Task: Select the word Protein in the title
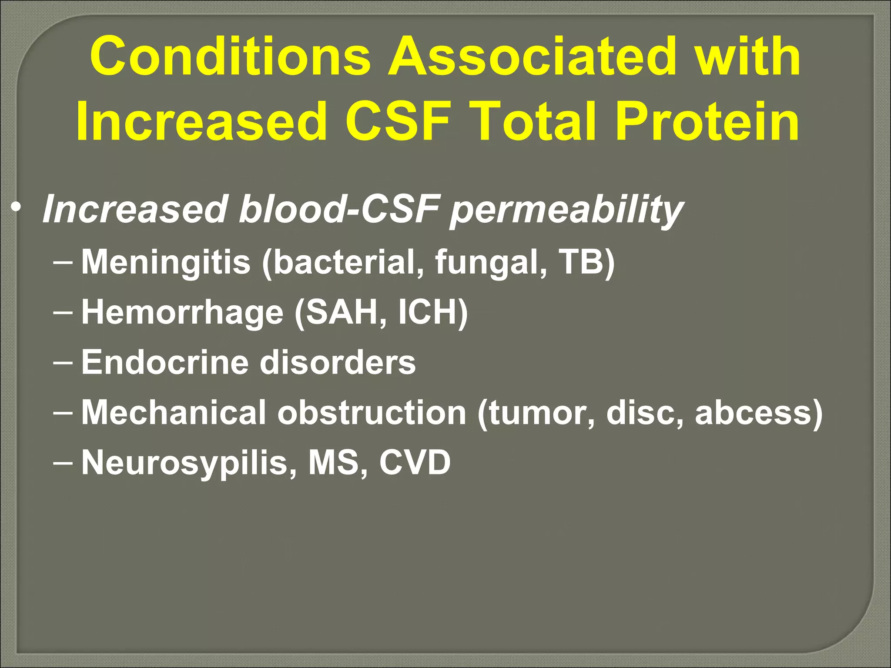(707, 121)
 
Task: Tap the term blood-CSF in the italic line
(339, 209)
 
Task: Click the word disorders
(338, 362)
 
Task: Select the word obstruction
(372, 412)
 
